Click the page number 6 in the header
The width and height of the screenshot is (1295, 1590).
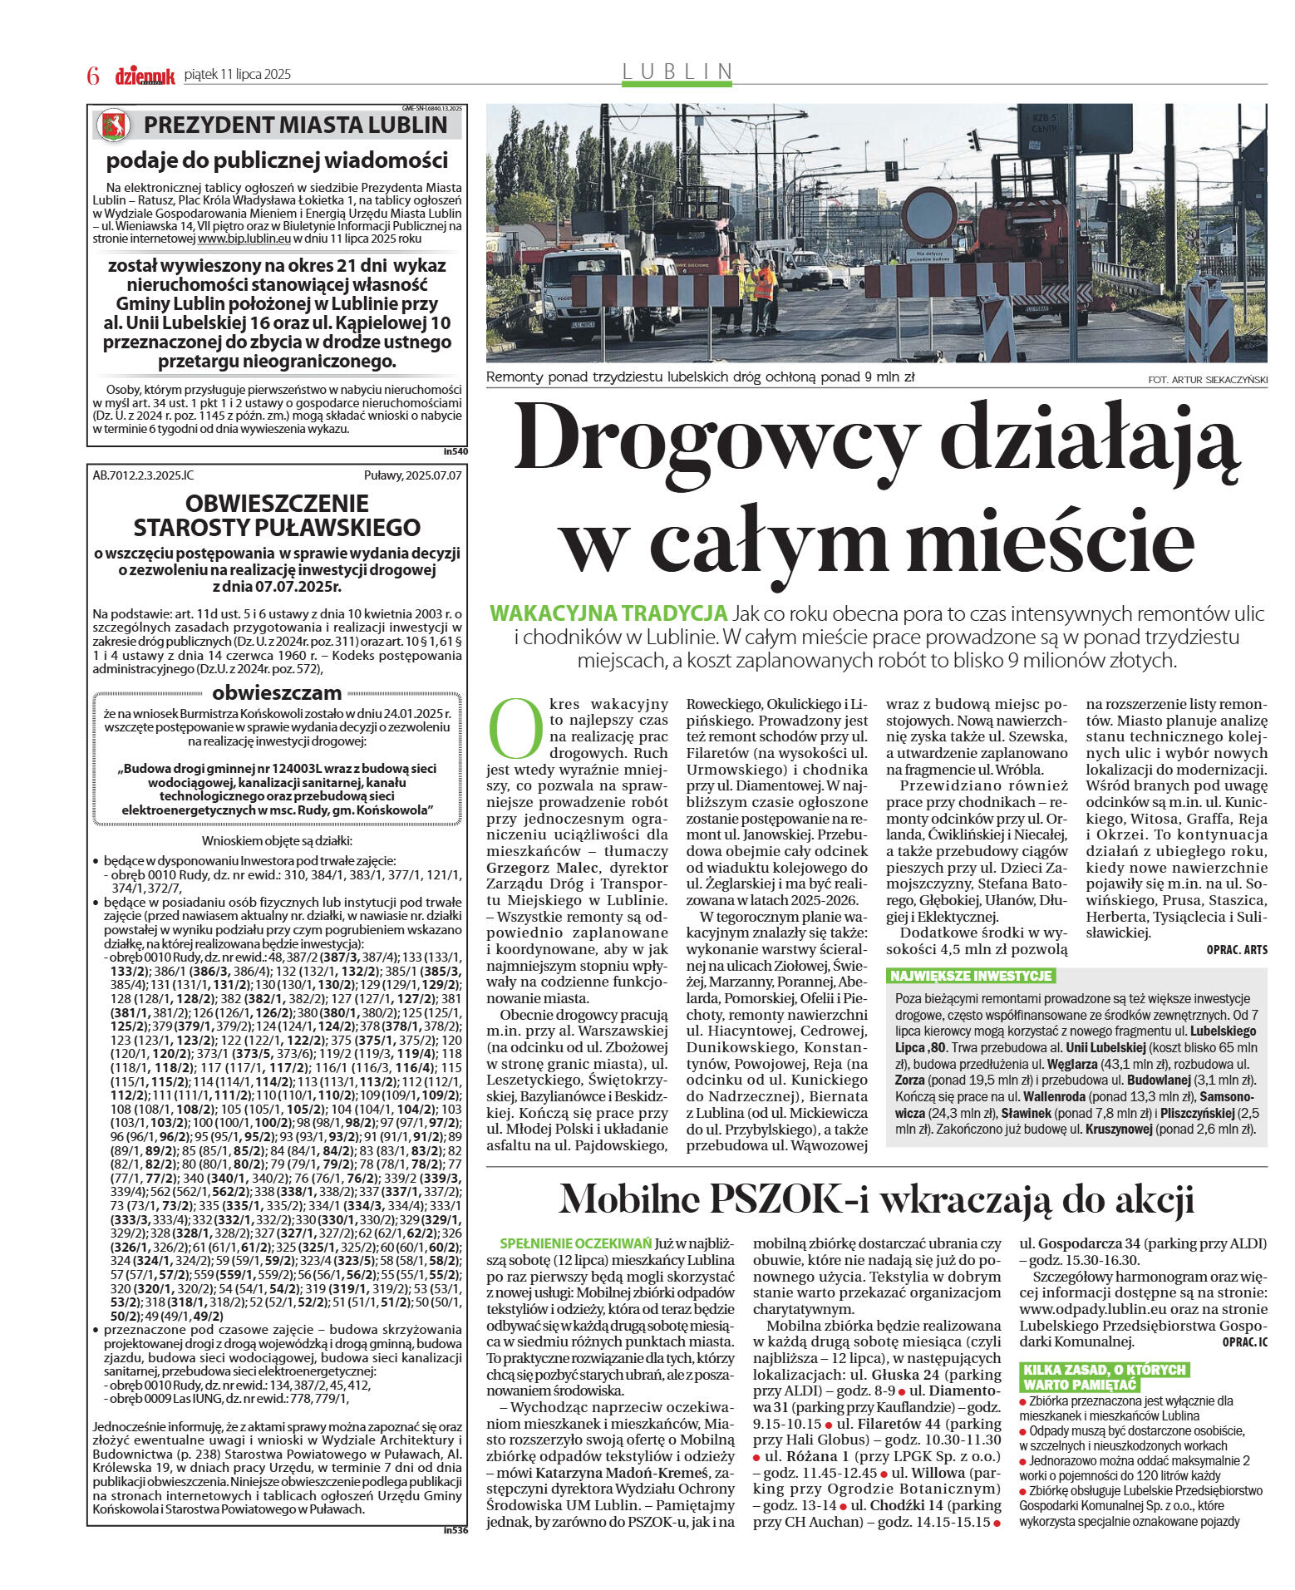(x=93, y=76)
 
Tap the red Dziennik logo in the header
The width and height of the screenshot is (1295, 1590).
(x=145, y=76)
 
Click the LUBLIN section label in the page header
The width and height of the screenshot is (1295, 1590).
(x=677, y=72)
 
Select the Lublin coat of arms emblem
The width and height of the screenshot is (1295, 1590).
(x=114, y=126)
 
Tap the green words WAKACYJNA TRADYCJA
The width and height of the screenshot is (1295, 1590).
(x=608, y=613)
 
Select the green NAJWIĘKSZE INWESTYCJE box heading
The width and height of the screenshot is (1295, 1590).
(x=970, y=976)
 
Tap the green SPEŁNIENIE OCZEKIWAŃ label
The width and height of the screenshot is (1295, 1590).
(x=575, y=1243)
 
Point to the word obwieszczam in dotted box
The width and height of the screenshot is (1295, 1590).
(x=277, y=692)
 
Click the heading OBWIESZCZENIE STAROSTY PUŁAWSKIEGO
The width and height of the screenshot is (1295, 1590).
(x=277, y=515)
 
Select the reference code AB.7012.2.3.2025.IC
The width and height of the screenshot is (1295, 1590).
(x=143, y=475)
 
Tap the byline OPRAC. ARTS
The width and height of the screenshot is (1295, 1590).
(x=1237, y=949)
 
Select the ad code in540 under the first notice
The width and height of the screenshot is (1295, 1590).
(x=455, y=452)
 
